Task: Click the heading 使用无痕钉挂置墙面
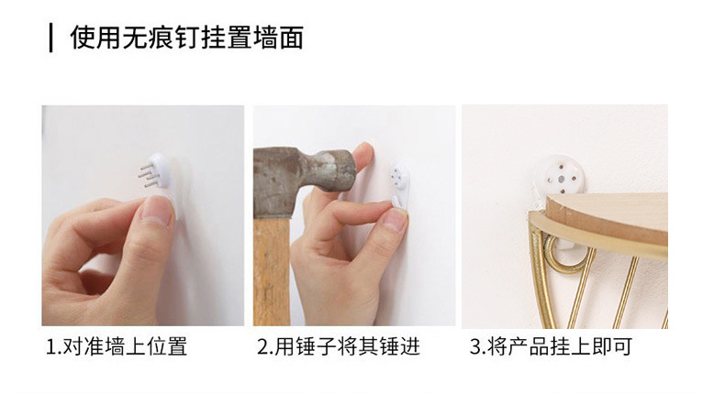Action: [x=187, y=38]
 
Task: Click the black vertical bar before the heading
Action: [x=50, y=38]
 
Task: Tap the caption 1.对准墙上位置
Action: [x=117, y=346]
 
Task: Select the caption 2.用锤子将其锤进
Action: [x=339, y=346]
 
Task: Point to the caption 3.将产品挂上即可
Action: [x=552, y=346]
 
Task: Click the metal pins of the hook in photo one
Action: [x=149, y=176]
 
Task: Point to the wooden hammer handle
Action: [x=272, y=271]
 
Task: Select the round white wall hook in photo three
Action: [x=558, y=178]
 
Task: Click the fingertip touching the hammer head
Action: [x=364, y=152]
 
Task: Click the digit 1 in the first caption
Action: [x=50, y=347]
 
